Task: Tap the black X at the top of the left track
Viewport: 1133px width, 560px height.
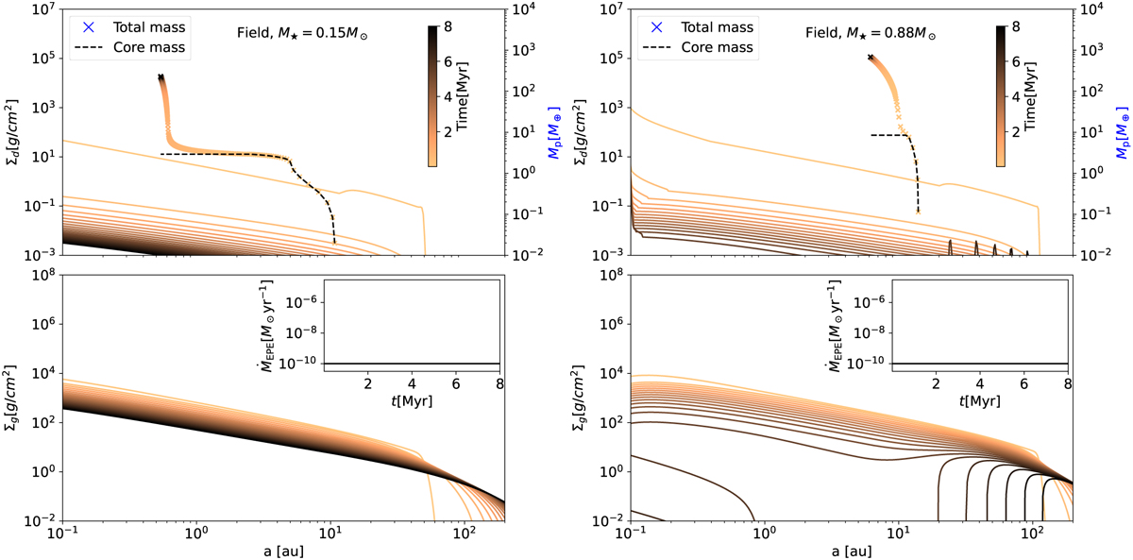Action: (161, 76)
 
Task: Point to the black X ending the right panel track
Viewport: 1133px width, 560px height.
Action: (871, 58)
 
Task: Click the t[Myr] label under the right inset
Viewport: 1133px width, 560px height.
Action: (979, 400)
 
